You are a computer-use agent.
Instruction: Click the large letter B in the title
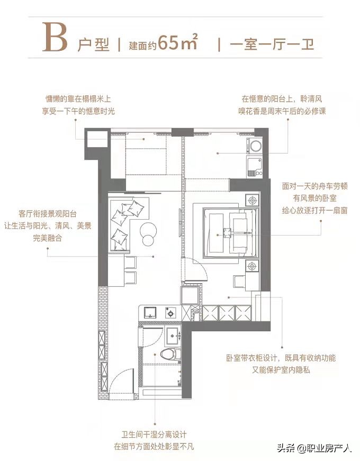(x=56, y=37)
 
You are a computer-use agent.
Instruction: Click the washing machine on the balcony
(x=256, y=146)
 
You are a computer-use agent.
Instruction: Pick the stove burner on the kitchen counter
(x=171, y=313)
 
